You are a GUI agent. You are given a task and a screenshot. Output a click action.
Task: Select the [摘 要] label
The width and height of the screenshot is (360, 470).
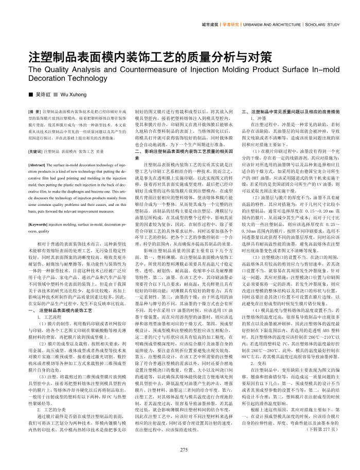coord(34,111)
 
